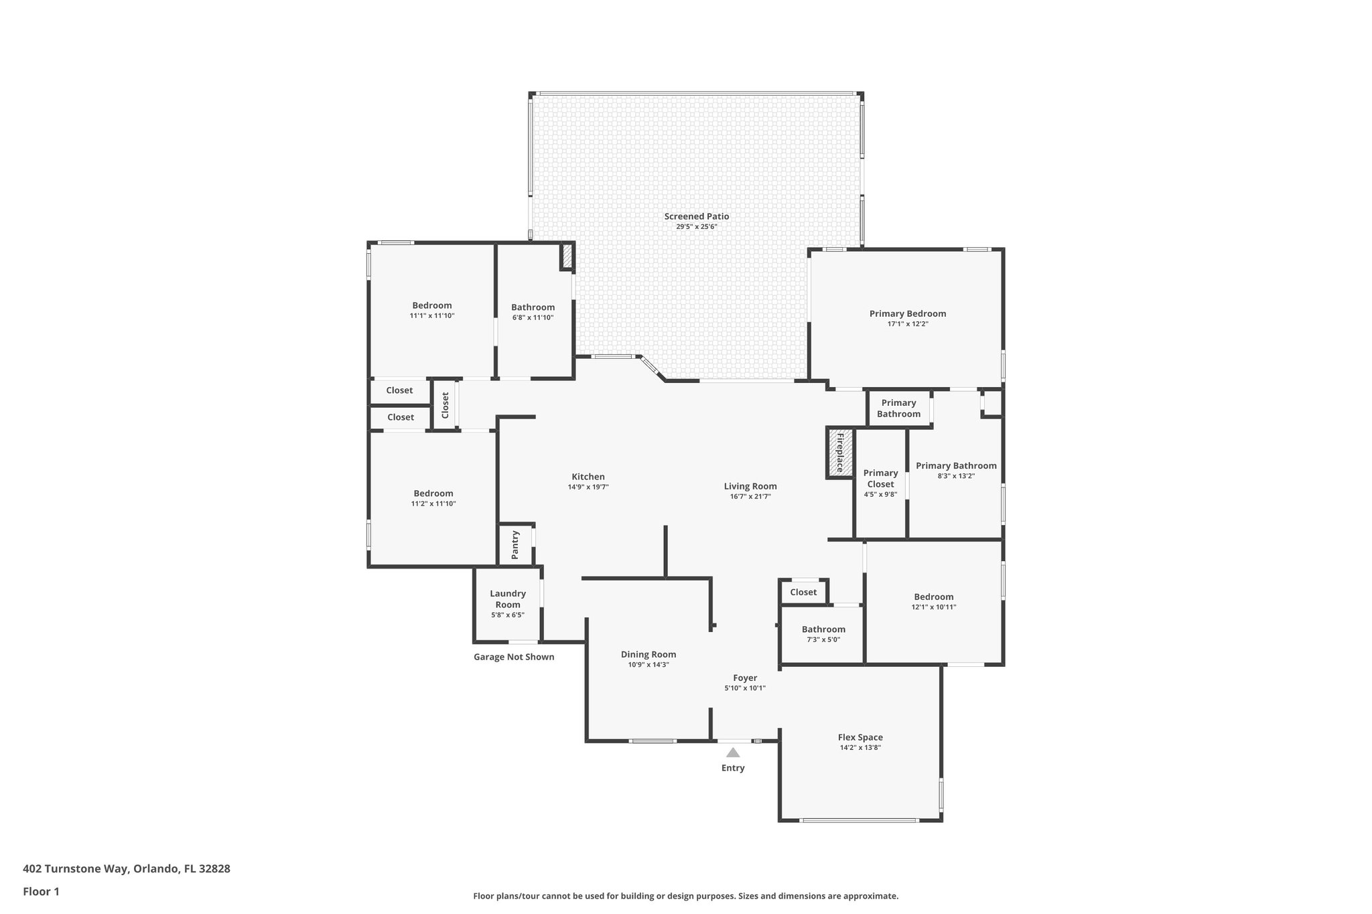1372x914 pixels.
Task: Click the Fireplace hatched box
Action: coord(839,453)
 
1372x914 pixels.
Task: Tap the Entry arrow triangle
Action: coord(733,753)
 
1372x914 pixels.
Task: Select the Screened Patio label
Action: coord(696,216)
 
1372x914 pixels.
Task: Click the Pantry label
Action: coord(515,545)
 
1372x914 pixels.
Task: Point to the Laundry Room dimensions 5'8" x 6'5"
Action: coord(507,615)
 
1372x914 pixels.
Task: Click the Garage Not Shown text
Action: coord(514,657)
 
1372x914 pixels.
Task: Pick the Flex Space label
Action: coord(860,737)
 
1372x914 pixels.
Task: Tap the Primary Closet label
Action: coord(880,478)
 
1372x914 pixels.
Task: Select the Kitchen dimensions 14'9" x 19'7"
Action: coord(588,487)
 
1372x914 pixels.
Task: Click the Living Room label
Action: coord(750,486)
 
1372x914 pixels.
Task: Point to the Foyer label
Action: coord(744,678)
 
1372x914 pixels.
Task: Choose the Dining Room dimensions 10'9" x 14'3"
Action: coord(648,664)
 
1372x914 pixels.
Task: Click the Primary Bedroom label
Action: coord(907,313)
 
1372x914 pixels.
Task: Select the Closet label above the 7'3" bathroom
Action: coord(803,592)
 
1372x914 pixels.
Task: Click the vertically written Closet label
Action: coord(445,405)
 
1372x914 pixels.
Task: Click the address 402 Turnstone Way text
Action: coord(127,868)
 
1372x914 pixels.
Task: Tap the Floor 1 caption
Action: coord(41,891)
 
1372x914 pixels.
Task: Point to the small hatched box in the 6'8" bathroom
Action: coord(567,256)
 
